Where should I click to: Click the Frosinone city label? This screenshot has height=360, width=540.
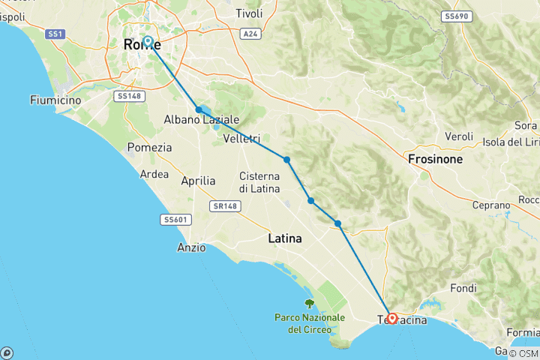(x=436, y=160)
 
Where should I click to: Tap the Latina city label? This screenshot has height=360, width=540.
(x=285, y=238)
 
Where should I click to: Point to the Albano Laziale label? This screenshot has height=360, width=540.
(x=202, y=120)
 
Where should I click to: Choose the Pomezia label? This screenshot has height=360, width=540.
(x=149, y=147)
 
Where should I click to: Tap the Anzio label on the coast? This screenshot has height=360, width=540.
(x=191, y=247)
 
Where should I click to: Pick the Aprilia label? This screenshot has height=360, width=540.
(x=198, y=181)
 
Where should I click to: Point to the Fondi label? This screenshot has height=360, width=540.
(x=463, y=288)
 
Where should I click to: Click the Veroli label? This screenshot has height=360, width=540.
(x=458, y=136)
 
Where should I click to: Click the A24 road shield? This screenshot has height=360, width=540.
(x=250, y=34)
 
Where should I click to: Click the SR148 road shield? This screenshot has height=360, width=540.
(x=225, y=205)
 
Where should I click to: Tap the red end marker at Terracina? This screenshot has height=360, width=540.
(x=392, y=318)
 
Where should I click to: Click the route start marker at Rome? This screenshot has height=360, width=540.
(x=148, y=41)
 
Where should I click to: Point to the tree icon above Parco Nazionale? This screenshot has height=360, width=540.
(x=309, y=303)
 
